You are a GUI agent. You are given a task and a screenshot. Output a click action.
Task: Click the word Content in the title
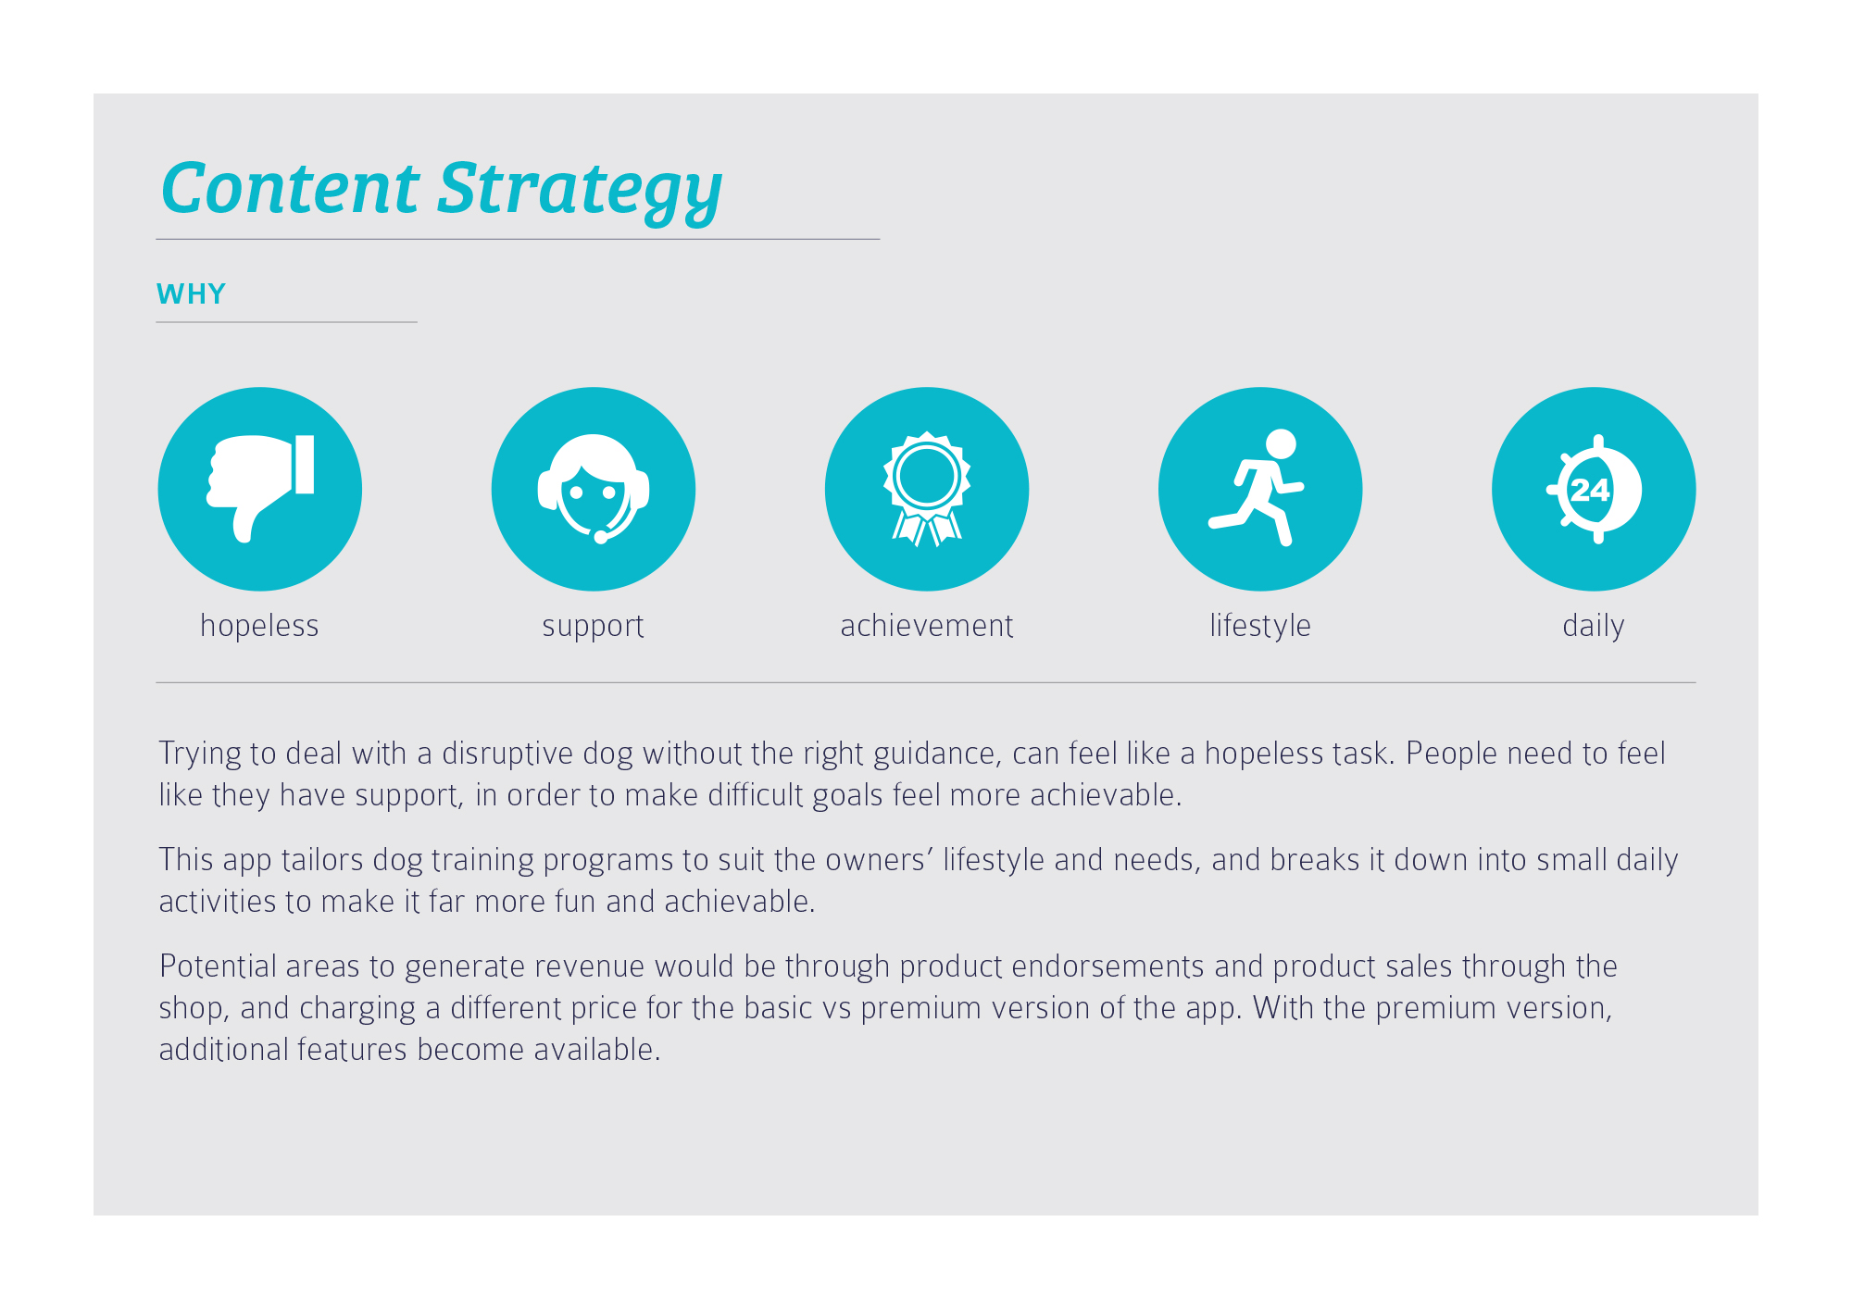coord(290,188)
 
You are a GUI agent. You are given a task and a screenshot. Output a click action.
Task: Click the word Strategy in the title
coord(580,192)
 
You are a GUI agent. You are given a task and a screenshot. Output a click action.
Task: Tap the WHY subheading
coord(192,294)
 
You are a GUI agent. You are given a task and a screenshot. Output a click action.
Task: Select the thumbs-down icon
coord(260,488)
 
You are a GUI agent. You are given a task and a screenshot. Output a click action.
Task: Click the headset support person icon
coord(594,488)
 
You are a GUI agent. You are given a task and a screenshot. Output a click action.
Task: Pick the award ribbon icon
coord(927,489)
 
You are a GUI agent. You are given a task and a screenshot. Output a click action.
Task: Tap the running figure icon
coord(1258,487)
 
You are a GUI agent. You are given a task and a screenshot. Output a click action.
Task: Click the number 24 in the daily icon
coord(1589,489)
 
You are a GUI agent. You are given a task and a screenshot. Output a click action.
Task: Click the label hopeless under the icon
coord(259,626)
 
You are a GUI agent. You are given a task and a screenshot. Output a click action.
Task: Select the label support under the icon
coord(593,627)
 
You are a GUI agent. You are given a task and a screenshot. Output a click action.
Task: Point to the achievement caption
coord(927,626)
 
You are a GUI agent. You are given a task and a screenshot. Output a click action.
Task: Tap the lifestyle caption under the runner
coord(1260,627)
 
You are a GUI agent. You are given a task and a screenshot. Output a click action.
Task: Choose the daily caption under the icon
coord(1594,627)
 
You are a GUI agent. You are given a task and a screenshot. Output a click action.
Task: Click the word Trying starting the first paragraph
coord(200,754)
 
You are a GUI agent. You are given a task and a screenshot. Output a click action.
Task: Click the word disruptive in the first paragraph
coord(507,754)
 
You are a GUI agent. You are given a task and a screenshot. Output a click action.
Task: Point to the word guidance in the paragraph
coord(937,754)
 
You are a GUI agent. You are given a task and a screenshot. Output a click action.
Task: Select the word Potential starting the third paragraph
coord(219,966)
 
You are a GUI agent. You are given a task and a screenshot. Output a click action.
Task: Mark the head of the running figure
coord(1281,443)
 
